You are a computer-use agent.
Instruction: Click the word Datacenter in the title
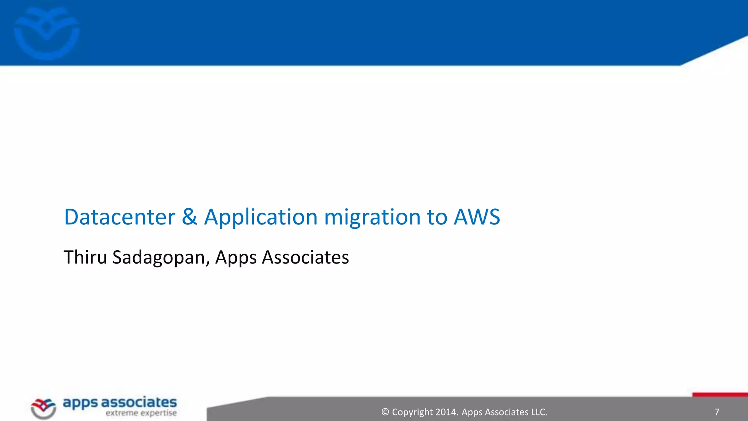click(119, 217)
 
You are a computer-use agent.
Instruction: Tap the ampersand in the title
click(189, 216)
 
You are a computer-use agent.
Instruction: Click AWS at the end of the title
click(477, 217)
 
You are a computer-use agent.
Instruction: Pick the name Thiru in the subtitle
click(85, 257)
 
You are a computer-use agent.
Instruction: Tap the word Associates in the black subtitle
click(305, 257)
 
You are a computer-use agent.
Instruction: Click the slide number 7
click(717, 412)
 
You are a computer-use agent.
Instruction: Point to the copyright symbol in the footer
click(385, 412)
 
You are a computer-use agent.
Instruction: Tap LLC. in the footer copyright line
click(539, 412)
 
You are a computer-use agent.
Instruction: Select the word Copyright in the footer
click(412, 412)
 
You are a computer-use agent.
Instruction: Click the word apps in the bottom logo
click(80, 403)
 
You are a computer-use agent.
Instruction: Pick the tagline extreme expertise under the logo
click(141, 413)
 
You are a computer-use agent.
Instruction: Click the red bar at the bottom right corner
click(720, 395)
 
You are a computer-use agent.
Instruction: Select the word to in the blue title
click(437, 217)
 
